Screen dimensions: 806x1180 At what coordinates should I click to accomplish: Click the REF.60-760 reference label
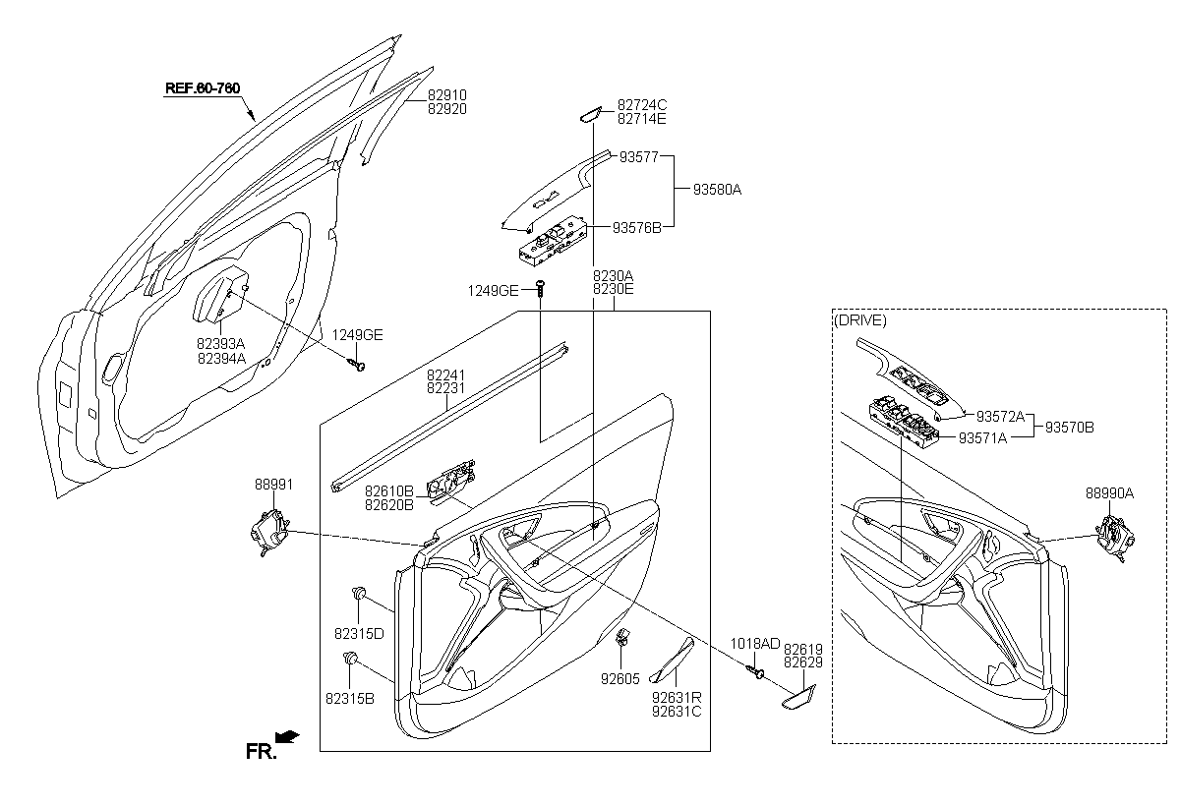coord(202,88)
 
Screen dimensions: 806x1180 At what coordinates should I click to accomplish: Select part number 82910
coord(446,95)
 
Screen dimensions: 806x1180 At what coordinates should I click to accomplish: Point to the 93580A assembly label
coord(717,189)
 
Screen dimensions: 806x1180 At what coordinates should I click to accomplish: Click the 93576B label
coord(636,227)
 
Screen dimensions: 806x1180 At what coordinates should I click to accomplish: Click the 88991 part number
coord(273,485)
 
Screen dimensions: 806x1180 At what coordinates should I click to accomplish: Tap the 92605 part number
coord(620,677)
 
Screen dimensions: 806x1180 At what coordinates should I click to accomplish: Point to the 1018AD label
coord(754,644)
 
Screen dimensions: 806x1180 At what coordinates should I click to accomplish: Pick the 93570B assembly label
coord(1069,428)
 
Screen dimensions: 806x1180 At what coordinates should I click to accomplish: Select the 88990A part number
coord(1109,494)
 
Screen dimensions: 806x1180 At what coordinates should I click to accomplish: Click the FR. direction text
coord(261,752)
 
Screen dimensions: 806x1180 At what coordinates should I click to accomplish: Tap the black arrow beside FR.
coord(288,736)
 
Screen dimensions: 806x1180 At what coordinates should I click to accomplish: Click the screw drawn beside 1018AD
coord(757,670)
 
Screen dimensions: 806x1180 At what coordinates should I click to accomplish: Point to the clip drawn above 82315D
coord(359,594)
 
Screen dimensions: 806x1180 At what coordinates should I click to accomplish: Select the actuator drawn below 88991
coord(268,530)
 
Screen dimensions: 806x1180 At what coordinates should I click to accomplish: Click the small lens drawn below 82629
coord(797,699)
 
